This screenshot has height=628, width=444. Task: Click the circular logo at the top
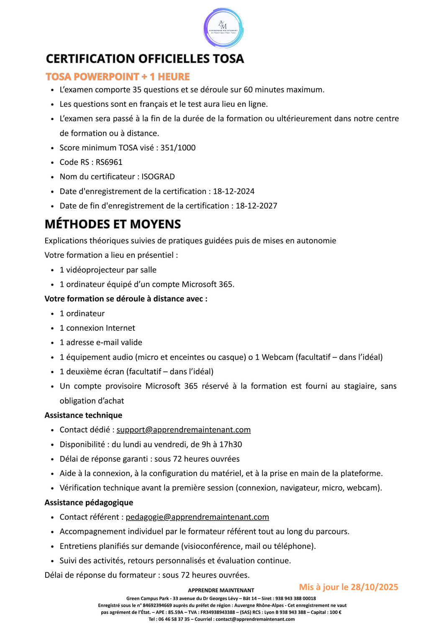coord(223,28)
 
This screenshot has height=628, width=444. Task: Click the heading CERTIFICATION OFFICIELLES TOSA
coord(145,59)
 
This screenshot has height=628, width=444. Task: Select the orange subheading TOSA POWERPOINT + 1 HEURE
coord(118,77)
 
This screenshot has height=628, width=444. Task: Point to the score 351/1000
coord(178,148)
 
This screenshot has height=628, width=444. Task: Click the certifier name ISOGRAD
coord(158,177)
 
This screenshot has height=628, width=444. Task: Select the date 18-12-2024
coord(234,191)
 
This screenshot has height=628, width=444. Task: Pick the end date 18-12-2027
coord(256,206)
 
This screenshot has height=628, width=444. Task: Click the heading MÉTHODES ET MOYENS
coord(113,224)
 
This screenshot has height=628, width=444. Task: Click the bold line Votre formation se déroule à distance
coord(126,299)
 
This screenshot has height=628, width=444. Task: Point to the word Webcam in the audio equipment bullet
coord(277,357)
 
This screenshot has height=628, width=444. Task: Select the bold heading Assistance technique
coord(83,415)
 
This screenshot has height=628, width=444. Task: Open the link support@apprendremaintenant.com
coord(183,430)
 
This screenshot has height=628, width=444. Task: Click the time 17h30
coord(231,445)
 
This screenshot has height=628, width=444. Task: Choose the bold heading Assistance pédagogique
coord(89,503)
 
